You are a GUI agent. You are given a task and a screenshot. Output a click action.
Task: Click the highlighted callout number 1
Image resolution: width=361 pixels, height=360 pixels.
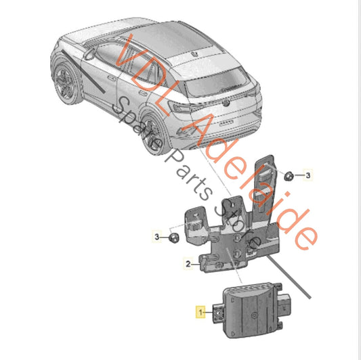(200, 312)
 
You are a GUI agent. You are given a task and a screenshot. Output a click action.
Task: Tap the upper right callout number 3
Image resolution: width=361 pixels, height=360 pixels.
(308, 176)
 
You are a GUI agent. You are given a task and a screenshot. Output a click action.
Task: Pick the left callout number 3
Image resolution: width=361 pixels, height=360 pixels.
(156, 237)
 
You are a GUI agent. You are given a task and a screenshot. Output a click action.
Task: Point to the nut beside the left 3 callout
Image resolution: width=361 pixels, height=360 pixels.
(174, 237)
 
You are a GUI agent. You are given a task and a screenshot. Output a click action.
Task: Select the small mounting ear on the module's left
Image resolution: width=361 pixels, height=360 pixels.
(221, 314)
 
